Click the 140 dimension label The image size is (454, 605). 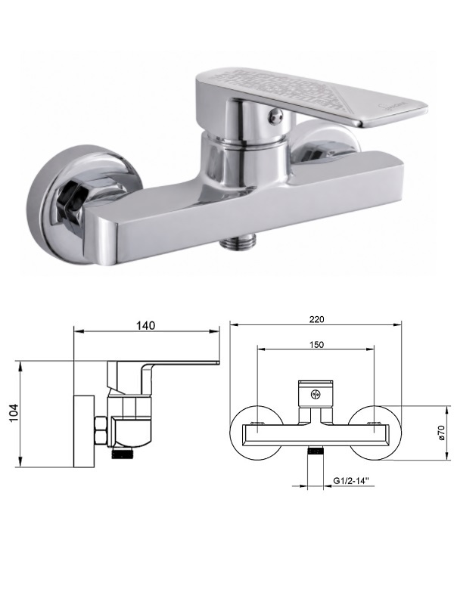point(145,325)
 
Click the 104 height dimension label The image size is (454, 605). point(14,413)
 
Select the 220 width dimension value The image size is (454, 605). point(316,319)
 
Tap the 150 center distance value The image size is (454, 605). point(316,345)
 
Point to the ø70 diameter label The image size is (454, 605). point(442,433)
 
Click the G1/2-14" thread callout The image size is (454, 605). point(351,481)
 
